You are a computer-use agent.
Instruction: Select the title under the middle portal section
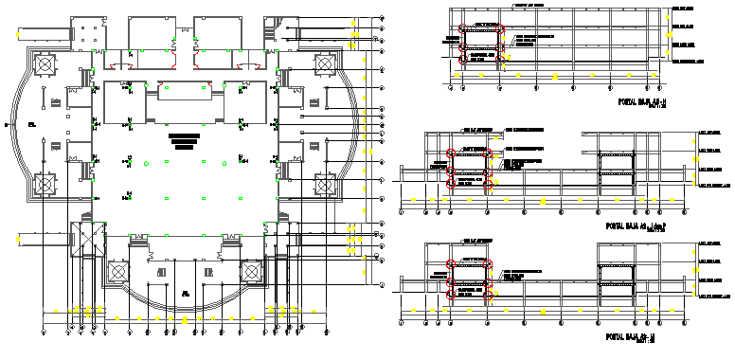(x=637, y=226)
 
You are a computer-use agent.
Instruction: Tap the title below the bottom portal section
(x=631, y=335)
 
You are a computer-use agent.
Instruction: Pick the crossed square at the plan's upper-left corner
(x=45, y=64)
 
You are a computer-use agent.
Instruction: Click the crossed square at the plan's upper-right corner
(x=324, y=63)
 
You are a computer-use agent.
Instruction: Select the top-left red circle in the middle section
(x=451, y=153)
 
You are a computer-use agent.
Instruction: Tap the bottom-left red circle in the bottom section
(x=451, y=296)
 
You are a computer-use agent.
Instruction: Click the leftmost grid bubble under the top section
(x=450, y=87)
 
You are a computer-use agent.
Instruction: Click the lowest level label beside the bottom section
(x=712, y=296)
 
